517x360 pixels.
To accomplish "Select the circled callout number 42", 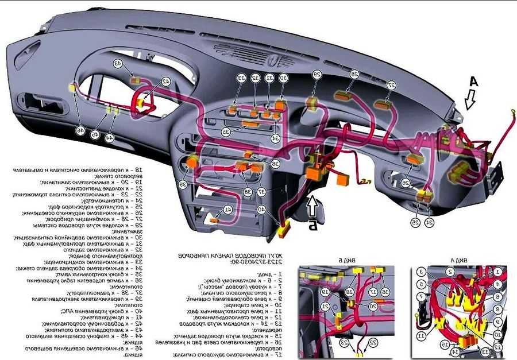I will (x=166, y=82).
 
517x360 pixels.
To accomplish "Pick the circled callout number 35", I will (x=226, y=132).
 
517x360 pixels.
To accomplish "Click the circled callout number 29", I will (x=317, y=75).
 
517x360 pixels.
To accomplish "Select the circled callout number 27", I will (x=391, y=85).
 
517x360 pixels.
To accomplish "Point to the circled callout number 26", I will (x=405, y=183).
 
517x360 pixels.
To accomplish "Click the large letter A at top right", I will (x=473, y=82).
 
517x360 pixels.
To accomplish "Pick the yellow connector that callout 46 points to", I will (x=73, y=88).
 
